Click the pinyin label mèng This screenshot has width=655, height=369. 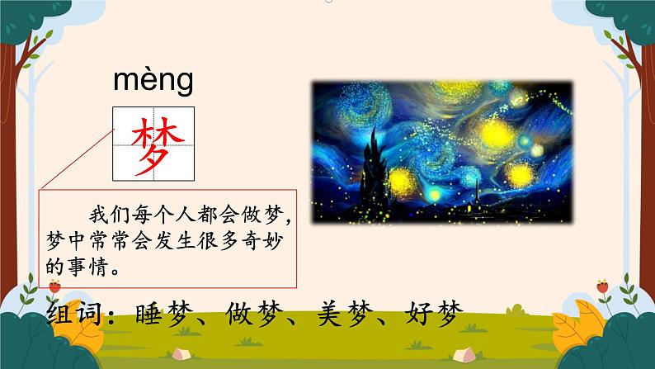click(153, 81)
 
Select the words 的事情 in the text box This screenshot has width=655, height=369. click(76, 268)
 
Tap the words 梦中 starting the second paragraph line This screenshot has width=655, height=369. click(65, 243)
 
